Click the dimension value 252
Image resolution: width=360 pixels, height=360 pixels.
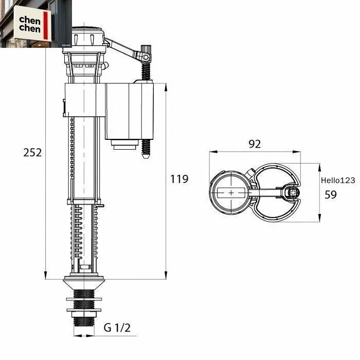32,152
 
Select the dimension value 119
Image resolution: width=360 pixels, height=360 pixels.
179,179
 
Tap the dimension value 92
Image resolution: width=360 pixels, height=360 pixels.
255,144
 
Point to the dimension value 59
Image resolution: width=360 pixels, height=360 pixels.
331,194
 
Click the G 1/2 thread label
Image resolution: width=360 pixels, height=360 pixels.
117,328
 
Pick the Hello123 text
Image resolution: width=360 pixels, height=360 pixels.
338,180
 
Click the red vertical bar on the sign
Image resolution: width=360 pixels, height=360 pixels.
45,25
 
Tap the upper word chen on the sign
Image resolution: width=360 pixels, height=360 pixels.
30,20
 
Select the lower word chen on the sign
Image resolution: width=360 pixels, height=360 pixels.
30,28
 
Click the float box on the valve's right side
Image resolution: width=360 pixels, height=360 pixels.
129,112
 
